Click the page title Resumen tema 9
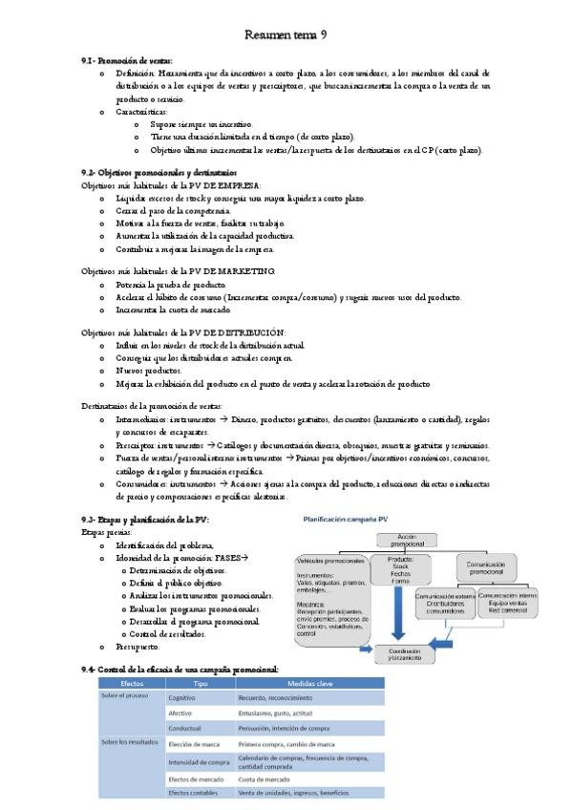[x=286, y=35]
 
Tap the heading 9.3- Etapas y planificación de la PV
[x=145, y=519]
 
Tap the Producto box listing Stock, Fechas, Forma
[x=400, y=569]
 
